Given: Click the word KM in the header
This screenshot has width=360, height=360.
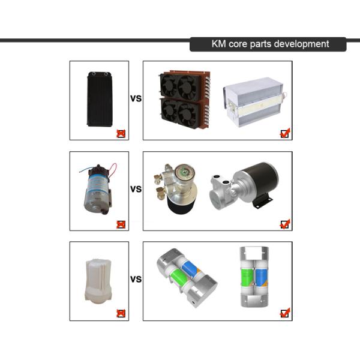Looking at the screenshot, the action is pyautogui.click(x=218, y=44).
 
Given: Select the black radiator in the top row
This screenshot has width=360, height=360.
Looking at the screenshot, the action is pyautogui.click(x=100, y=99).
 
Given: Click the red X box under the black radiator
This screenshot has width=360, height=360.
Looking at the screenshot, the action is pyautogui.click(x=121, y=134).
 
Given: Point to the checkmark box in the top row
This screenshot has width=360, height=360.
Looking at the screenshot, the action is pyautogui.click(x=285, y=133).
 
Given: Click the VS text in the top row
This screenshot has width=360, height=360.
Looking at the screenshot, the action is pyautogui.click(x=136, y=98).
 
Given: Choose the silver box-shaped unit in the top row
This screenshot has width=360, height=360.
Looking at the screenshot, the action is pyautogui.click(x=255, y=102).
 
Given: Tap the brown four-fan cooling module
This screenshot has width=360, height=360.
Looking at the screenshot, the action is pyautogui.click(x=184, y=100).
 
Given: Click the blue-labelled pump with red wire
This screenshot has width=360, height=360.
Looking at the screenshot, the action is pyautogui.click(x=98, y=189).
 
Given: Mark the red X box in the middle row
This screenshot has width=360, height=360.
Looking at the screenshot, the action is pyautogui.click(x=121, y=224).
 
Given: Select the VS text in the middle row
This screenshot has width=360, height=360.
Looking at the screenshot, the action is pyautogui.click(x=136, y=189).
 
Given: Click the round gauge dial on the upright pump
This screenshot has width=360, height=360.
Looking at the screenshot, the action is pyautogui.click(x=184, y=172).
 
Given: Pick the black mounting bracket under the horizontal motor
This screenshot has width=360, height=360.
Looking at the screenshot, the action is pyautogui.click(x=262, y=201).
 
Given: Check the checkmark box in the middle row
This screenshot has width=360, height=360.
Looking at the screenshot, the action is pyautogui.click(x=285, y=224).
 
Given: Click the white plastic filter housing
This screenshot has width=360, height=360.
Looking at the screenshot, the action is pyautogui.click(x=98, y=281).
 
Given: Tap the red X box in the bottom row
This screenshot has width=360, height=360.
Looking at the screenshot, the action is pyautogui.click(x=121, y=313).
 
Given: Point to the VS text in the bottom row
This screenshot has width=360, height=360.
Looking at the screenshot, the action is pyautogui.click(x=136, y=279).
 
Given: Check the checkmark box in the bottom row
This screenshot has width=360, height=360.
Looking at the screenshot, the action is pyautogui.click(x=285, y=313).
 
